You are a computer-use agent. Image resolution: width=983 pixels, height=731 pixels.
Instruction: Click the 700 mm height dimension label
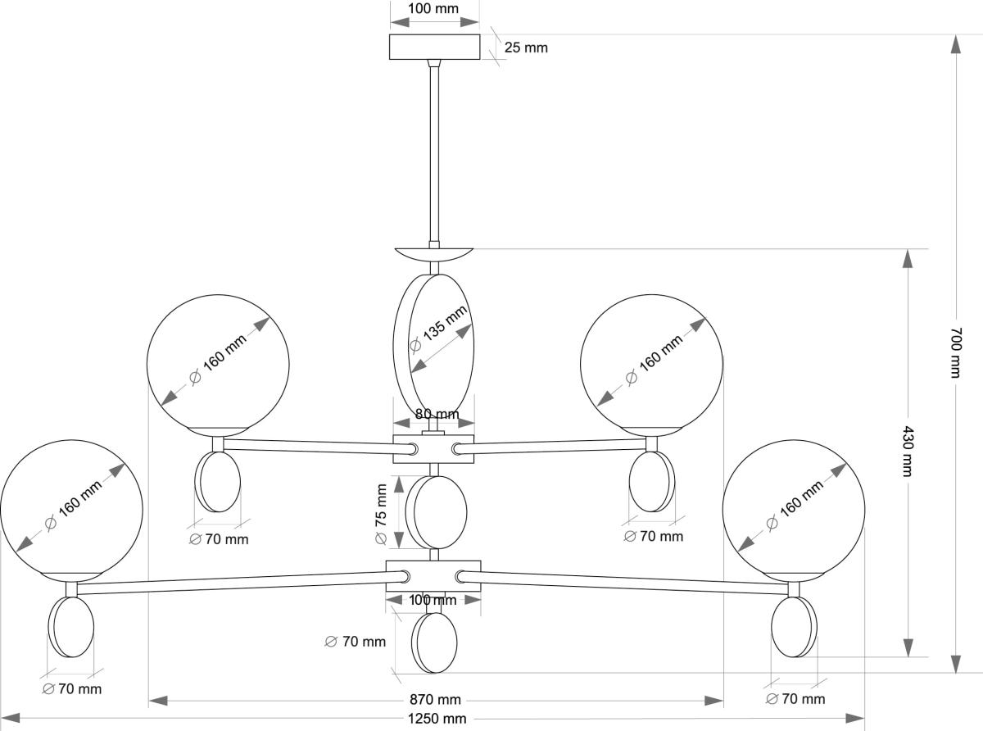[x=955, y=352]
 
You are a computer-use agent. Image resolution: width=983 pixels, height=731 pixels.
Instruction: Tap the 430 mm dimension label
[x=907, y=451]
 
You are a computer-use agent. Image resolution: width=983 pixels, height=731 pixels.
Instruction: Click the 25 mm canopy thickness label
[x=525, y=48]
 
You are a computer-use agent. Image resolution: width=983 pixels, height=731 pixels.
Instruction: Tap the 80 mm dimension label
[x=436, y=415]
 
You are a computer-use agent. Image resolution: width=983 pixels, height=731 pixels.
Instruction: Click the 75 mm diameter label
[x=381, y=514]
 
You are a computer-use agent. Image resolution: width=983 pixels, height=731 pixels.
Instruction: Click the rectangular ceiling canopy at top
[x=434, y=47]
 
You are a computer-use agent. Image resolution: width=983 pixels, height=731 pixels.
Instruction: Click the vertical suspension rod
[x=434, y=152]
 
